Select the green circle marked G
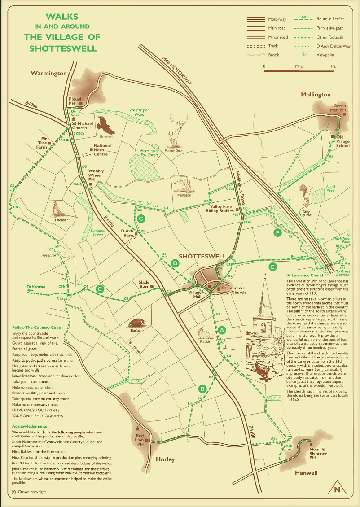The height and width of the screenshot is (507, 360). pyautogui.click(x=142, y=219)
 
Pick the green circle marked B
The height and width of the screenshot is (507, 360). pyautogui.click(x=202, y=388)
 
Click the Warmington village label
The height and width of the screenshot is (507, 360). pyautogui.click(x=48, y=73)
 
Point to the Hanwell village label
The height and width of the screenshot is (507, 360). pyautogui.click(x=306, y=473)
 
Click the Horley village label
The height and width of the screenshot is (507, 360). pyautogui.click(x=165, y=459)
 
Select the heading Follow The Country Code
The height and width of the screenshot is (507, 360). pyautogui.click(x=36, y=327)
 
